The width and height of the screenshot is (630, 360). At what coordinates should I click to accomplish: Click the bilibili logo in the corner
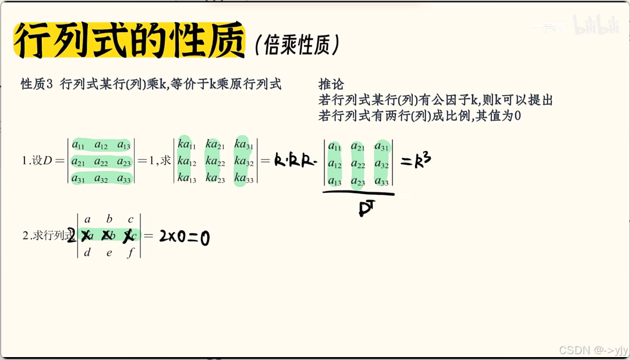pos(595,26)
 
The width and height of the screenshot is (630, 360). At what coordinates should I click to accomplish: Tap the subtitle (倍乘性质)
pos(297,45)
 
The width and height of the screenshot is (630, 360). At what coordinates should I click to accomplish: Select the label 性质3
pos(37,84)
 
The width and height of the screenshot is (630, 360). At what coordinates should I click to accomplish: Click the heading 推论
pos(331,84)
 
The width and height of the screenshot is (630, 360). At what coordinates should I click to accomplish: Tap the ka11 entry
pos(186,144)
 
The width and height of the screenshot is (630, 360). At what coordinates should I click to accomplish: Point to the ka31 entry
pos(244,144)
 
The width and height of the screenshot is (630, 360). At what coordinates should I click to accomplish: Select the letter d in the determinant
pos(87,252)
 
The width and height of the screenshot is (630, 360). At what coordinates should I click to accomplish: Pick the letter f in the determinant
pos(130,252)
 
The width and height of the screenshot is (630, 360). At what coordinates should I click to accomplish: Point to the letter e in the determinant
pos(108,252)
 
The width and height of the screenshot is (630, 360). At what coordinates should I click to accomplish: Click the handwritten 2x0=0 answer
pos(184,237)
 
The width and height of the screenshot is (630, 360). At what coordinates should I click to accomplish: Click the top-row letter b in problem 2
pos(109,220)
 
